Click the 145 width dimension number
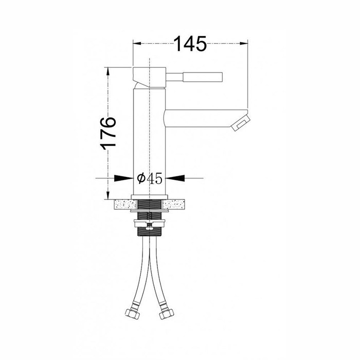pos(190,44)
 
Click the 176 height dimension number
pos(108,133)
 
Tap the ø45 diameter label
pos(150,178)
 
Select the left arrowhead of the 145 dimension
pos(137,43)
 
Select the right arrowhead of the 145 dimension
pos(244,43)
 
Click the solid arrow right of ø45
pos(175,178)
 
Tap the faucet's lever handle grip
pos(203,77)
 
